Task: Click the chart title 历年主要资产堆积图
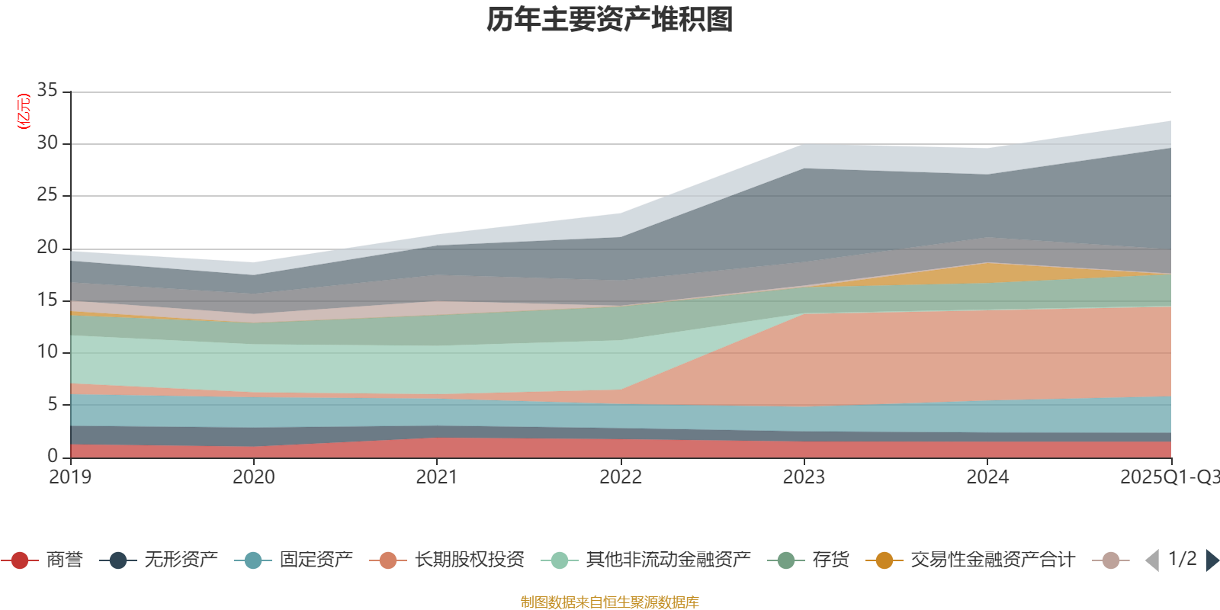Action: tap(610, 21)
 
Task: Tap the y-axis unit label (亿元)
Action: tap(24, 111)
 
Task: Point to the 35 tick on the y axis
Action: tap(47, 91)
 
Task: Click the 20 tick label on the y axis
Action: tap(47, 247)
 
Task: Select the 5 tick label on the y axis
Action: tap(53, 404)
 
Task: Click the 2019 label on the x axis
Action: tap(70, 477)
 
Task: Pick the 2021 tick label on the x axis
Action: tap(436, 477)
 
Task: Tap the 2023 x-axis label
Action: tap(804, 477)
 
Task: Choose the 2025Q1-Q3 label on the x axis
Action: tap(1168, 477)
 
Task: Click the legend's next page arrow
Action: tap(1212, 560)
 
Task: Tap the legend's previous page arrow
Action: tap(1152, 560)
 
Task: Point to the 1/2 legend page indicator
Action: tap(1182, 559)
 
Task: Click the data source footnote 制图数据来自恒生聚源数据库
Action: tap(610, 602)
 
